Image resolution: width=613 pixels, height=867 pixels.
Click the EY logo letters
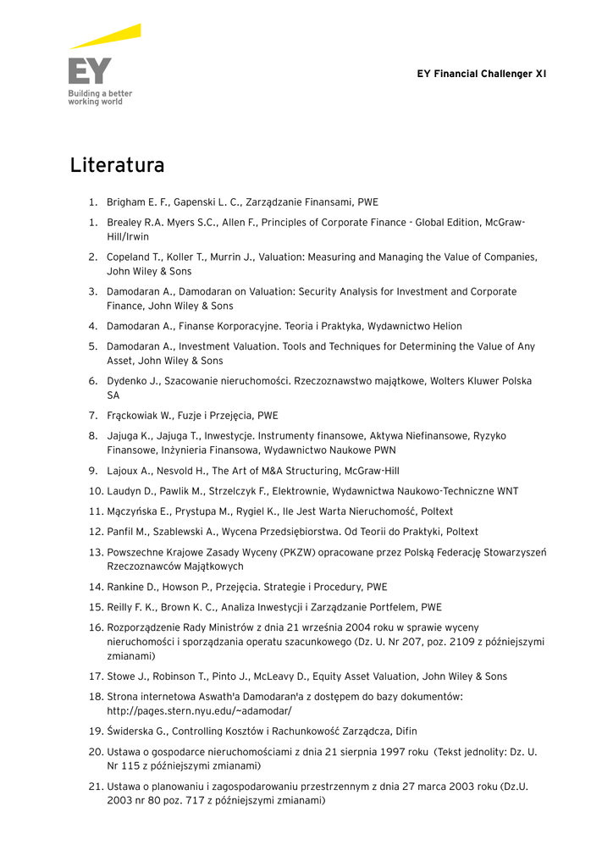(x=90, y=71)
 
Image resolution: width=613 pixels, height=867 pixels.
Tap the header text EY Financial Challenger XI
(x=481, y=74)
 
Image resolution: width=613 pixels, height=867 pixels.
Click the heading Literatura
(x=117, y=164)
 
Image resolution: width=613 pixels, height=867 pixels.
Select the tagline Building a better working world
(x=100, y=97)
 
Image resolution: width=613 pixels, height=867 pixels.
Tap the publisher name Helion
(x=446, y=326)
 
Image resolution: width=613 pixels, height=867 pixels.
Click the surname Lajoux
(x=124, y=471)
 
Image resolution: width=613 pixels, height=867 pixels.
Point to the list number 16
(x=95, y=627)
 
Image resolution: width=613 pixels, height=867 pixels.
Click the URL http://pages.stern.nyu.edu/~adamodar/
(x=198, y=710)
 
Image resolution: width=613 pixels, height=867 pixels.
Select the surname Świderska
(x=132, y=731)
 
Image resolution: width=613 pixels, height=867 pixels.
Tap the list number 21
(x=95, y=786)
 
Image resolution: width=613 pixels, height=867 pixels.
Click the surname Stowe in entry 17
(x=122, y=676)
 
